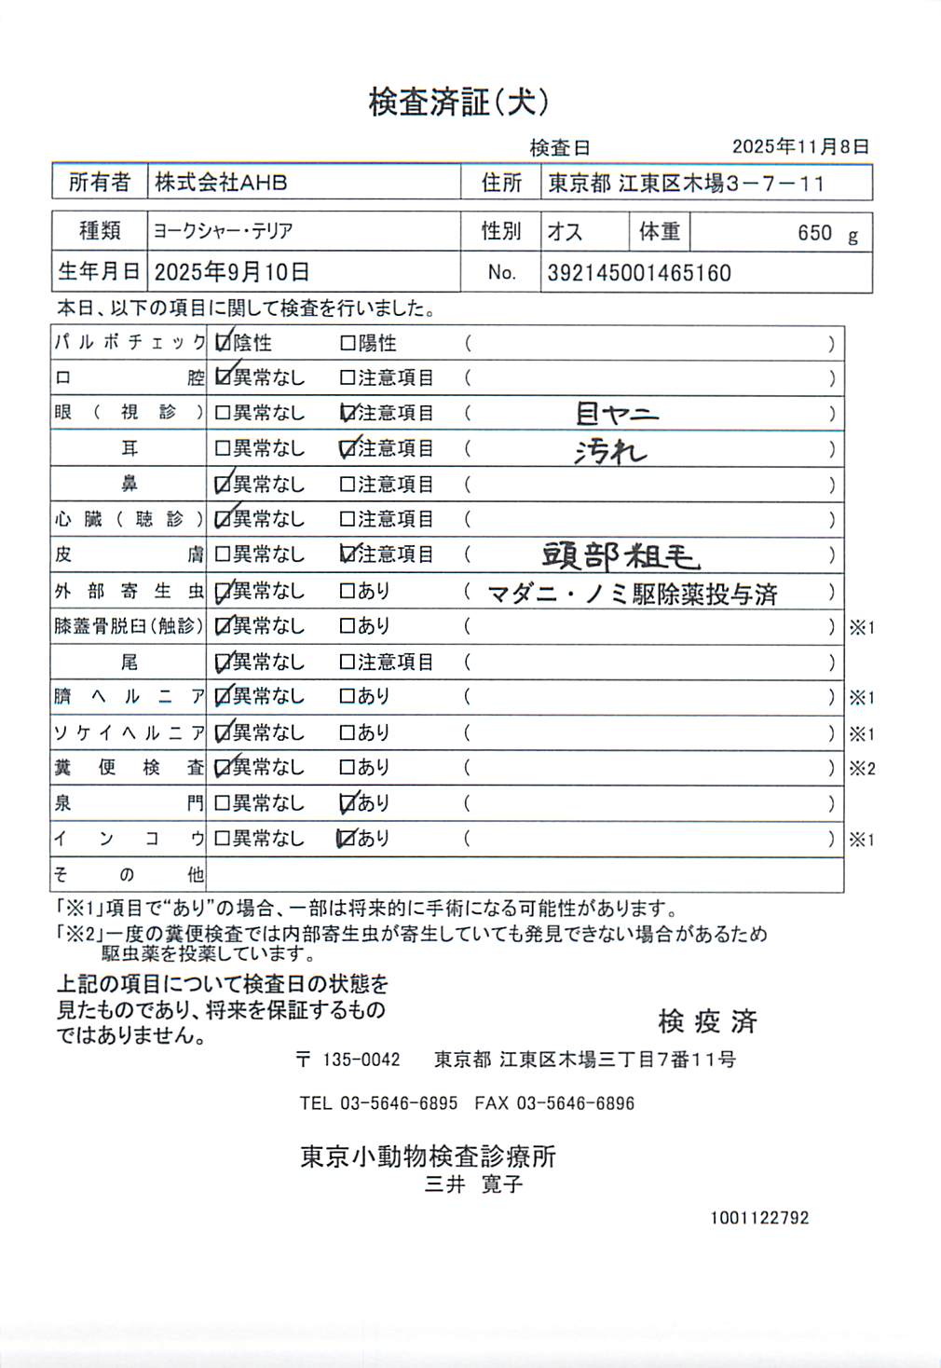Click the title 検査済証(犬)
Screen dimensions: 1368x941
click(458, 102)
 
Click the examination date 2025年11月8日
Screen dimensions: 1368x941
click(800, 146)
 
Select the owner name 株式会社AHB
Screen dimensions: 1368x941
click(221, 183)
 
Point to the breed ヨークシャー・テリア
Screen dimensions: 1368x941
click(224, 231)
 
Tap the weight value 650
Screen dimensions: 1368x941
click(814, 233)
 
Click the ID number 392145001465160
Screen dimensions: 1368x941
click(639, 273)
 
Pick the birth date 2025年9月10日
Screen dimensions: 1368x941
click(231, 272)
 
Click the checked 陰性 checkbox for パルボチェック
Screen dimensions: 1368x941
click(223, 343)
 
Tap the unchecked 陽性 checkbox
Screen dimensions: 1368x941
click(348, 344)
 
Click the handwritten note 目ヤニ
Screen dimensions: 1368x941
click(617, 413)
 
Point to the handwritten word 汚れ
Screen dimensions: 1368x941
click(610, 451)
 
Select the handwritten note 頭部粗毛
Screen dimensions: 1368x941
click(621, 555)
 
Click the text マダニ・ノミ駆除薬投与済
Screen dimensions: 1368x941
click(633, 594)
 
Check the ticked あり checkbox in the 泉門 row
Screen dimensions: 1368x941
click(348, 802)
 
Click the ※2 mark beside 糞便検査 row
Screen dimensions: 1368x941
click(862, 769)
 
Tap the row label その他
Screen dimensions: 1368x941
click(128, 875)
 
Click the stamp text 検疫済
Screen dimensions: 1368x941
click(707, 1021)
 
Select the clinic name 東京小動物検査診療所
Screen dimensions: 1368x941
click(428, 1156)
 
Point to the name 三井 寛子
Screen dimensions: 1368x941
click(473, 1184)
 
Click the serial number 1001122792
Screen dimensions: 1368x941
click(759, 1218)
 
